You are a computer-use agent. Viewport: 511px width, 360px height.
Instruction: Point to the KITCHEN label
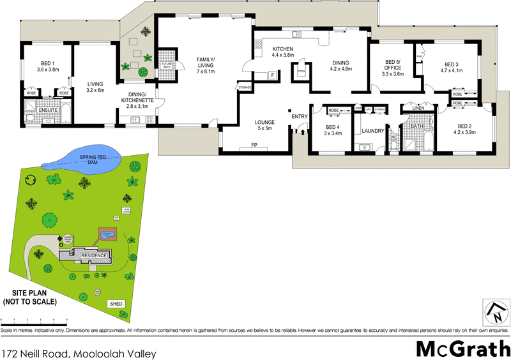pos(283,49)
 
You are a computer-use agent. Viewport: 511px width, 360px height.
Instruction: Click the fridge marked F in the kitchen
pos(273,75)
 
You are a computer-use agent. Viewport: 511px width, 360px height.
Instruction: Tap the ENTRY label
pos(299,116)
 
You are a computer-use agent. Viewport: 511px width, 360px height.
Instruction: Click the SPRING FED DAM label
pos(88,160)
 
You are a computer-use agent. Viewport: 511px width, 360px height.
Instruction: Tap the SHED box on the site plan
pos(116,304)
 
